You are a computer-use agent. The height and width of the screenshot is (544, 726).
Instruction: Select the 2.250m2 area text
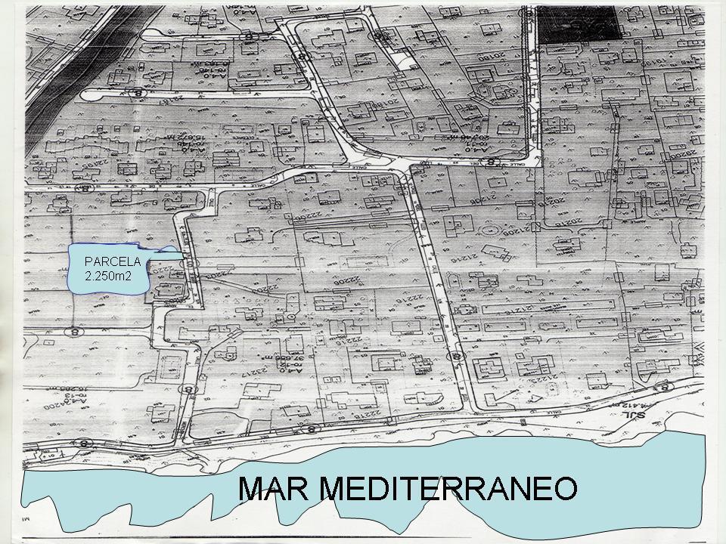(108, 277)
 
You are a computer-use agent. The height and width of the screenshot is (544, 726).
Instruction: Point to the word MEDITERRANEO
(446, 489)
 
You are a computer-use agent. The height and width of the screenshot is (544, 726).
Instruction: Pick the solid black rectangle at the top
(579, 22)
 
